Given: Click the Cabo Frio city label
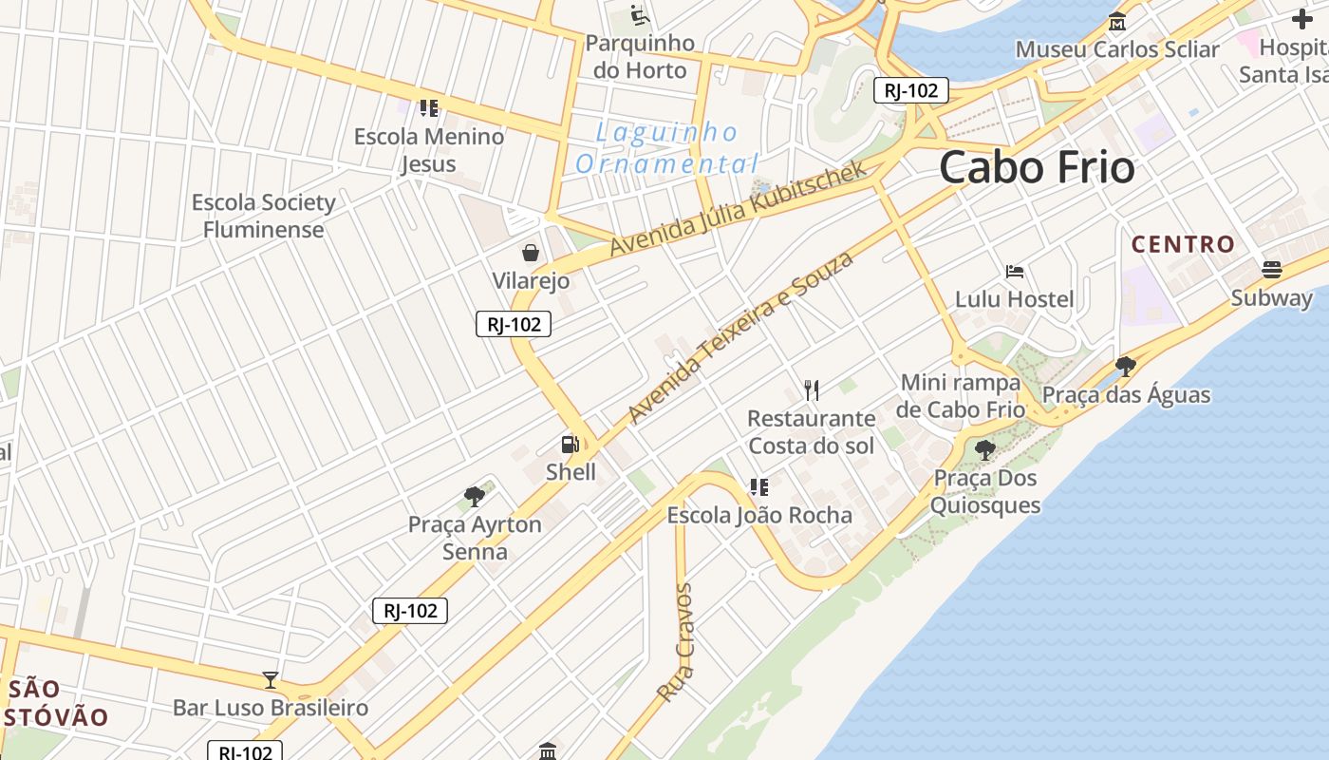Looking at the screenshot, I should [x=1037, y=168].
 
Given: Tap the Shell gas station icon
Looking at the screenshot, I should [x=570, y=445].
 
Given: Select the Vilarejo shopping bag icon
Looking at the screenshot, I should [x=531, y=253].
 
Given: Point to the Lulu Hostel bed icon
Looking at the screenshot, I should [x=1015, y=272].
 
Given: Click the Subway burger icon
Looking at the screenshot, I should [x=1272, y=270].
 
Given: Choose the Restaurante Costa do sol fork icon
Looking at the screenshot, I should [x=811, y=389].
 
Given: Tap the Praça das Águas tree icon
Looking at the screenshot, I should [x=1126, y=367].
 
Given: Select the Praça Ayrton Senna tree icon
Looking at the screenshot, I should [x=475, y=496].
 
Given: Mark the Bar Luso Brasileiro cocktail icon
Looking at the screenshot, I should [x=271, y=680].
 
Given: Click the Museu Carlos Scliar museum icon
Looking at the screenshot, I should [x=1117, y=21].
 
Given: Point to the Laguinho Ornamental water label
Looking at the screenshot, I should [x=668, y=148].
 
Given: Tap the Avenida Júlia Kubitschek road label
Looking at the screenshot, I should [x=739, y=208].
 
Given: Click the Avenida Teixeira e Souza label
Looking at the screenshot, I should [x=740, y=338].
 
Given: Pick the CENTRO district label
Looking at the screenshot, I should [x=1183, y=244].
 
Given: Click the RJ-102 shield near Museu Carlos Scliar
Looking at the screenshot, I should [x=910, y=90].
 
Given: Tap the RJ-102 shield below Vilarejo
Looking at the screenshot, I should [x=514, y=324].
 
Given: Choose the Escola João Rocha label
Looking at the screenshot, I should [x=759, y=515].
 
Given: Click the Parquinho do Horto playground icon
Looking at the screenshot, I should [x=640, y=16].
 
